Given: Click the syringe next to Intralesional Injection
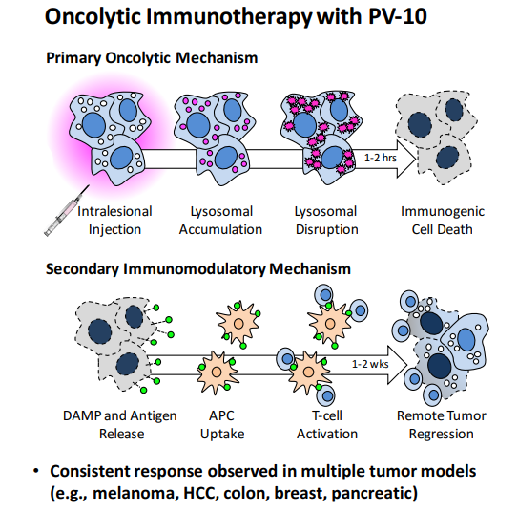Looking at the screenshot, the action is point(66,211).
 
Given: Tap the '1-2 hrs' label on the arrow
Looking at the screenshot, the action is point(381,158).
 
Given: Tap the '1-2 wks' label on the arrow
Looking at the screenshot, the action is point(370,364).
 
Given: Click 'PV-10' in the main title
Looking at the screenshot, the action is point(398,16).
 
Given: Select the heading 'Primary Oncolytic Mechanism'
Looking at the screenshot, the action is point(152,58).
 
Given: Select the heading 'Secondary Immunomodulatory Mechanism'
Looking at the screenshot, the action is point(197,269).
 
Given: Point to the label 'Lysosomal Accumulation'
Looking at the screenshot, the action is point(220,221).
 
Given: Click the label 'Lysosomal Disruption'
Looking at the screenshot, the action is point(326,221).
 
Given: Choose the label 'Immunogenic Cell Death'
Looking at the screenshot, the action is point(443,221).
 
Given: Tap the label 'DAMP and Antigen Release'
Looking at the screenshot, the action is point(120,425).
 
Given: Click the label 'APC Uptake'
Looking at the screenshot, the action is point(222,425).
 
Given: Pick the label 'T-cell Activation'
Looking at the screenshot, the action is point(327,425).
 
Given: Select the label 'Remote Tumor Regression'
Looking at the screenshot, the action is point(442,425).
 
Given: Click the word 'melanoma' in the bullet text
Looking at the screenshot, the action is point(135,493).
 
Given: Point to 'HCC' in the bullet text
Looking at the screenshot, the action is point(200,493).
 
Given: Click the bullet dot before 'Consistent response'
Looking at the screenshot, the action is point(36,471).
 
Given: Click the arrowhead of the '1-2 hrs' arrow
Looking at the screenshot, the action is point(406,160).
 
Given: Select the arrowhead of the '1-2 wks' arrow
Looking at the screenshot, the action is point(398,365).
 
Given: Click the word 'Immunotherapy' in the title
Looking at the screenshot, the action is point(229,17).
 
